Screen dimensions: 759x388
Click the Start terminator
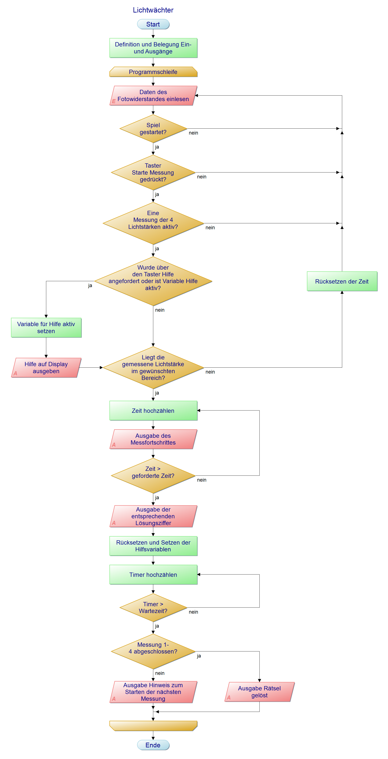[153, 24]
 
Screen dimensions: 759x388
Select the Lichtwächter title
[153, 10]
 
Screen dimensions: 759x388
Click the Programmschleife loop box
[153, 72]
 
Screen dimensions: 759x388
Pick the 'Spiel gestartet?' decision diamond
[153, 129]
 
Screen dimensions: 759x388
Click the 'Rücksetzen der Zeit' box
[342, 281]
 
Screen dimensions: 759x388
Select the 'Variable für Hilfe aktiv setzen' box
[46, 328]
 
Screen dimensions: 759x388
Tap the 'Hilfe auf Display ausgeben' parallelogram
[46, 368]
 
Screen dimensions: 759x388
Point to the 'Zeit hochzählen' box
[153, 410]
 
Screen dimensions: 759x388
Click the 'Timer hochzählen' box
[153, 575]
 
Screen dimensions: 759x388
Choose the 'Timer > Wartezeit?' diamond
[153, 607]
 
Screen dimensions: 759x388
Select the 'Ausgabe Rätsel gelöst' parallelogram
[259, 692]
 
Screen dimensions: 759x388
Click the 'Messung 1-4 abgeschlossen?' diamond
[153, 651]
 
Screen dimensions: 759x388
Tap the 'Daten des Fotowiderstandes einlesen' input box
[153, 96]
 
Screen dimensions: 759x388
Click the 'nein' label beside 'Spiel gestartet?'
[193, 133]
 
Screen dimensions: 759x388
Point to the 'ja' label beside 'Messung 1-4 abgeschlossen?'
[199, 656]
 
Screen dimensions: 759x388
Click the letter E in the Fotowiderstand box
[114, 101]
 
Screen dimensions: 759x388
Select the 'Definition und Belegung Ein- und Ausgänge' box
[153, 48]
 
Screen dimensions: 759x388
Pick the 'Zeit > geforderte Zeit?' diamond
[153, 475]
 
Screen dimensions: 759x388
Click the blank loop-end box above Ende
[153, 726]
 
